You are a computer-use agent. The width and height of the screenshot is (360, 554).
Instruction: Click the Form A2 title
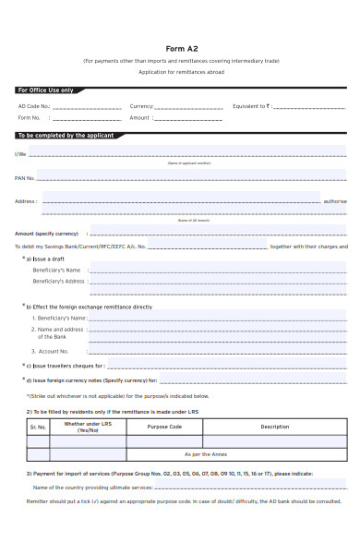pyautogui.click(x=179, y=48)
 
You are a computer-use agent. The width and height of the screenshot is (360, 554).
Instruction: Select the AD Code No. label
pyautogui.click(x=34, y=106)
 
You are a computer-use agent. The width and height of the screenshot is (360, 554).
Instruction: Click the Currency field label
pyautogui.click(x=141, y=106)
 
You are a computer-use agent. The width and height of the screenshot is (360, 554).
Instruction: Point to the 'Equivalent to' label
pyautogui.click(x=252, y=106)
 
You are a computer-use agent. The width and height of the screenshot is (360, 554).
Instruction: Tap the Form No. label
pyautogui.click(x=30, y=118)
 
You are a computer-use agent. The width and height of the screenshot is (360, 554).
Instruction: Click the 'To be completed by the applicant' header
pyautogui.click(x=66, y=136)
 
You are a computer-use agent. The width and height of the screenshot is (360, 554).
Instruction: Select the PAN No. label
pyautogui.click(x=25, y=177)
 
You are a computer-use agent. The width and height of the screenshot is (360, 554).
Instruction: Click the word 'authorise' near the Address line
pyautogui.click(x=335, y=200)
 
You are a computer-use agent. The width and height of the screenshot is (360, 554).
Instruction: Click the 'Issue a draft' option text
pyautogui.click(x=45, y=259)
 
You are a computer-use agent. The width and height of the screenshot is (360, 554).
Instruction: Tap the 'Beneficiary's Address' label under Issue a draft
pyautogui.click(x=58, y=281)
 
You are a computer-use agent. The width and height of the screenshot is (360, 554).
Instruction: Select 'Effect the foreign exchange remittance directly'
pyautogui.click(x=90, y=306)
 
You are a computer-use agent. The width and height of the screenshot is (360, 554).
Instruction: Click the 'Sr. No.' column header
pyautogui.click(x=38, y=428)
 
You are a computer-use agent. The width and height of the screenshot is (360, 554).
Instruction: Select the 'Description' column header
pyautogui.click(x=274, y=427)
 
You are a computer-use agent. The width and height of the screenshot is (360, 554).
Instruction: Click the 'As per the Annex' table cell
pyautogui.click(x=207, y=454)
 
